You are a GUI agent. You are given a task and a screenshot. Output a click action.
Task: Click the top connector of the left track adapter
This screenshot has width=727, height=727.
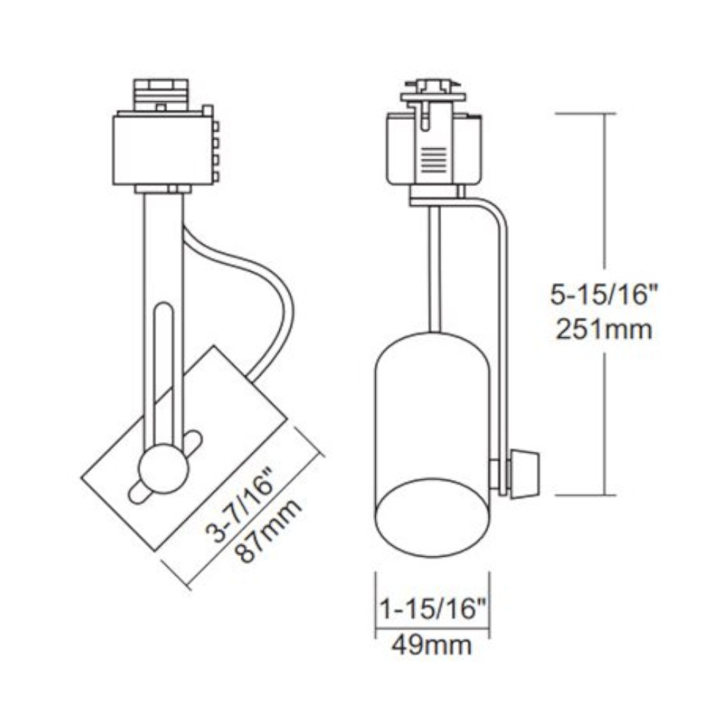pyautogui.click(x=161, y=93)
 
